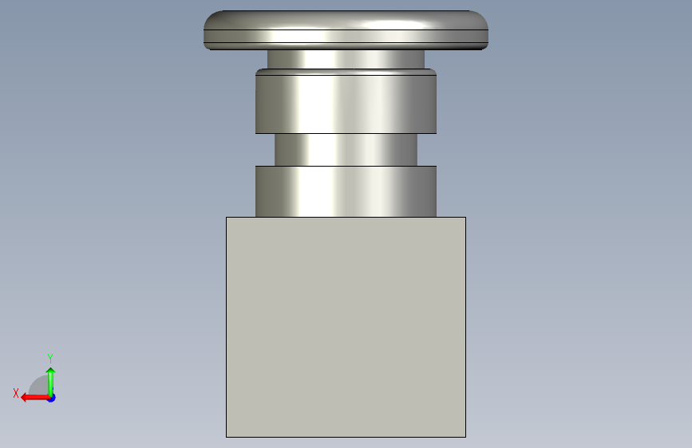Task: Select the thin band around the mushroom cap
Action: [x=346, y=36]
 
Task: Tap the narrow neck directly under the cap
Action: [x=346, y=59]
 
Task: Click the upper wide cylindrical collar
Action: [x=346, y=101]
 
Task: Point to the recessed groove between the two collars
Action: [x=346, y=150]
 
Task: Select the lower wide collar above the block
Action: [x=346, y=191]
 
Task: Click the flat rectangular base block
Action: [x=346, y=327]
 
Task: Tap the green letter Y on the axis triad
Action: [x=50, y=358]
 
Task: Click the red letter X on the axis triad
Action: [x=16, y=393]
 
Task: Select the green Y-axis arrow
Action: [x=51, y=383]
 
